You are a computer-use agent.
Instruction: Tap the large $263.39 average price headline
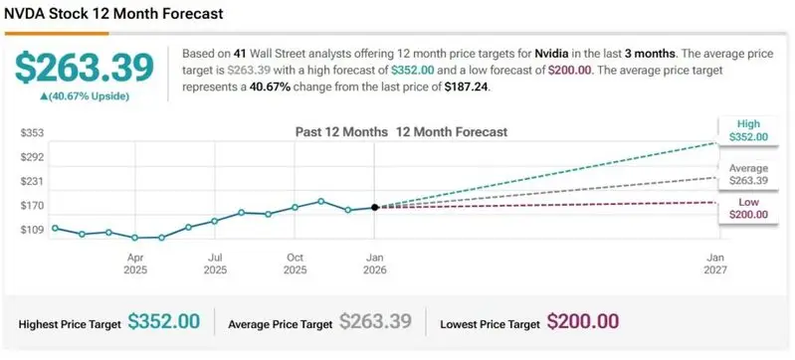(85, 68)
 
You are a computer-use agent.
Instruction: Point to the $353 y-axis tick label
(33, 133)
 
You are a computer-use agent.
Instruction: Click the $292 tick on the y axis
(33, 157)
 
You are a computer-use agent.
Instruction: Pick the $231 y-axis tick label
(33, 182)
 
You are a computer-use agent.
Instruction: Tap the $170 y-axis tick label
(33, 206)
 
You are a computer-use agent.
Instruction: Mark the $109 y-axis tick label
(33, 230)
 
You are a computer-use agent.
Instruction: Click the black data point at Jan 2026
(374, 207)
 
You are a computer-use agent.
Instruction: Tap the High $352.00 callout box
(747, 130)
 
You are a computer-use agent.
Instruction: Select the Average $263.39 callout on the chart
(747, 174)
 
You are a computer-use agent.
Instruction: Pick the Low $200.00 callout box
(747, 208)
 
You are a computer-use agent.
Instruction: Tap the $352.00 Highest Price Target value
(164, 322)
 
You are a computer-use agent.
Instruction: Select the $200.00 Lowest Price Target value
(583, 322)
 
